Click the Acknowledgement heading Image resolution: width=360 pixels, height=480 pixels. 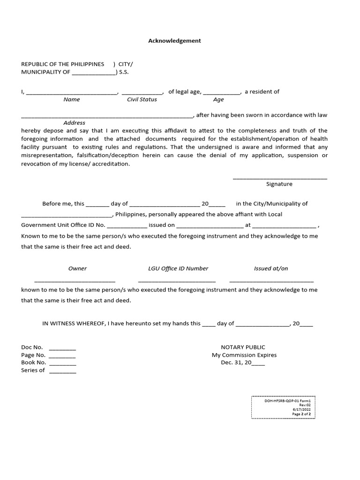(x=174, y=41)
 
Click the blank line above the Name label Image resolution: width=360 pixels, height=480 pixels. (x=72, y=94)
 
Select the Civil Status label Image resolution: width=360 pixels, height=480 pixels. (x=142, y=99)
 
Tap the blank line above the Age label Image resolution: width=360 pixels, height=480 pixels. (x=222, y=94)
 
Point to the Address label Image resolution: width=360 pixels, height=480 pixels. (x=74, y=123)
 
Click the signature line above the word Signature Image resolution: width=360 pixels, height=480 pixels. (x=280, y=178)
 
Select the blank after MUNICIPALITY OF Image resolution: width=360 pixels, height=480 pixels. (x=93, y=74)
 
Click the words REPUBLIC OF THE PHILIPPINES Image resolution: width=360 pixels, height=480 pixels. (x=62, y=64)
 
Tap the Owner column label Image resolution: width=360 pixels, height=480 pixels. (x=77, y=269)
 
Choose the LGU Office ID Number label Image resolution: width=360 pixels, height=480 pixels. (x=178, y=269)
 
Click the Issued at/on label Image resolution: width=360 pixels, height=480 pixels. (x=271, y=269)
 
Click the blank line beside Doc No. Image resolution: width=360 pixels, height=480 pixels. (x=62, y=350)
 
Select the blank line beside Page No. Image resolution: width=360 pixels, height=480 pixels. (x=62, y=357)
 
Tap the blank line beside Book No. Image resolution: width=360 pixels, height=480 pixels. (x=62, y=365)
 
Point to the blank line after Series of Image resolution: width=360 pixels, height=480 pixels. (x=62, y=372)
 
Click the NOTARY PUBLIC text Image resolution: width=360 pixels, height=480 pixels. (x=243, y=347)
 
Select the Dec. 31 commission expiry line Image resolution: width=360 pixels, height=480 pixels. (x=243, y=362)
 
